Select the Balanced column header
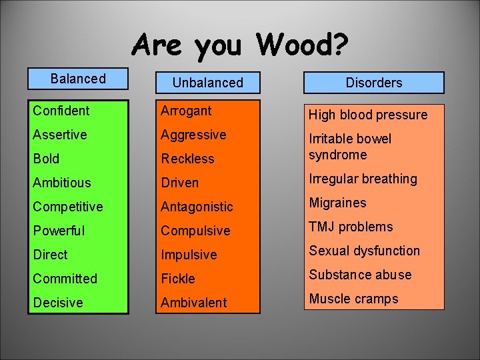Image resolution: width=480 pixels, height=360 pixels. click(78, 79)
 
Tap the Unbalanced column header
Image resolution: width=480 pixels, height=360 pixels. click(207, 83)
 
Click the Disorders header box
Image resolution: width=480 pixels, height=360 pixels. click(374, 83)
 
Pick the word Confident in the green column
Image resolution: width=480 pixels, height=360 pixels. click(61, 111)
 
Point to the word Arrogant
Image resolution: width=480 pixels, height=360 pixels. click(186, 111)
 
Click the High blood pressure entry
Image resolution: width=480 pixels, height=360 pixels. click(367, 115)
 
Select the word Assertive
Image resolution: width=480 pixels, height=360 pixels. click(60, 135)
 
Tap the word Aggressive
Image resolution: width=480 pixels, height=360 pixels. click(193, 135)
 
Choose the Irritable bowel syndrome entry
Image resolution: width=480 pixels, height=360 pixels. click(350, 147)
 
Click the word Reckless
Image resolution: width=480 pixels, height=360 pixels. click(187, 159)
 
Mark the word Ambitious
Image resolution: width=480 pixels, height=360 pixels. click(62, 183)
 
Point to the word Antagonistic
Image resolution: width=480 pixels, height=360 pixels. click(197, 207)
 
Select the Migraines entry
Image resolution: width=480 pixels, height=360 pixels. click(337, 203)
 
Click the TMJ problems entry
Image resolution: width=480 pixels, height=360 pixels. click(351, 227)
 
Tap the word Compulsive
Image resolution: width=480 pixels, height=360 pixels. click(195, 231)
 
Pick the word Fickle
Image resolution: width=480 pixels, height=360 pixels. click(178, 279)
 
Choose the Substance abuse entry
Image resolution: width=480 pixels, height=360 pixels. click(360, 275)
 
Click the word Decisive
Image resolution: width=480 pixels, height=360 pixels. click(58, 303)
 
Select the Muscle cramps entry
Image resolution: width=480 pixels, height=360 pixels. click(353, 299)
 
